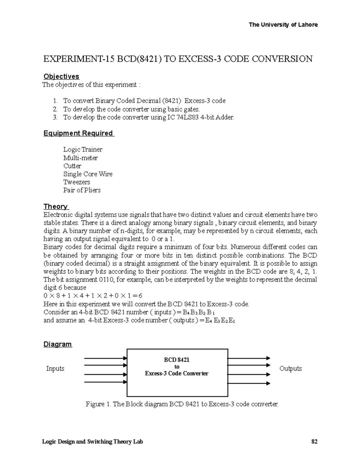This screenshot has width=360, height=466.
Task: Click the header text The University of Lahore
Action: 283,25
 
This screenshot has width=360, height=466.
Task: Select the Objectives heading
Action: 61,77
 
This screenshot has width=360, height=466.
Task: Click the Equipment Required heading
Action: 78,133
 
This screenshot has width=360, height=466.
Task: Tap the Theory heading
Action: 56,206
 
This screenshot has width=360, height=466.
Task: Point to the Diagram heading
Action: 58,344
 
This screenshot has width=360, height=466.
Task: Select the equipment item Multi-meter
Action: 80,158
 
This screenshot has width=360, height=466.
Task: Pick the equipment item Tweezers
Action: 76,182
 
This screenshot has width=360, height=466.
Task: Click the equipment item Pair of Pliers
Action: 82,190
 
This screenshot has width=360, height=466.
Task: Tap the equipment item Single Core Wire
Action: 88,174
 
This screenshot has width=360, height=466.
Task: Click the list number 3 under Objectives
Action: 55,117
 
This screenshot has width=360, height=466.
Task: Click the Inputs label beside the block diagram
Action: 55,368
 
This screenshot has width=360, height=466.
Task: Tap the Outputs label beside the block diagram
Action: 290,368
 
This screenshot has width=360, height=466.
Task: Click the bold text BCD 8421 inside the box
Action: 177,360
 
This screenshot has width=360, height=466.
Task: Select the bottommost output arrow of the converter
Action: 249,383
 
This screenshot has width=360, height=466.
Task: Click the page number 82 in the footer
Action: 314,442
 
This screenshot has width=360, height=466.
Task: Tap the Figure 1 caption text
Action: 182,404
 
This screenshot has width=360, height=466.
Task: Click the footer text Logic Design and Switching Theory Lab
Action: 92,442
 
